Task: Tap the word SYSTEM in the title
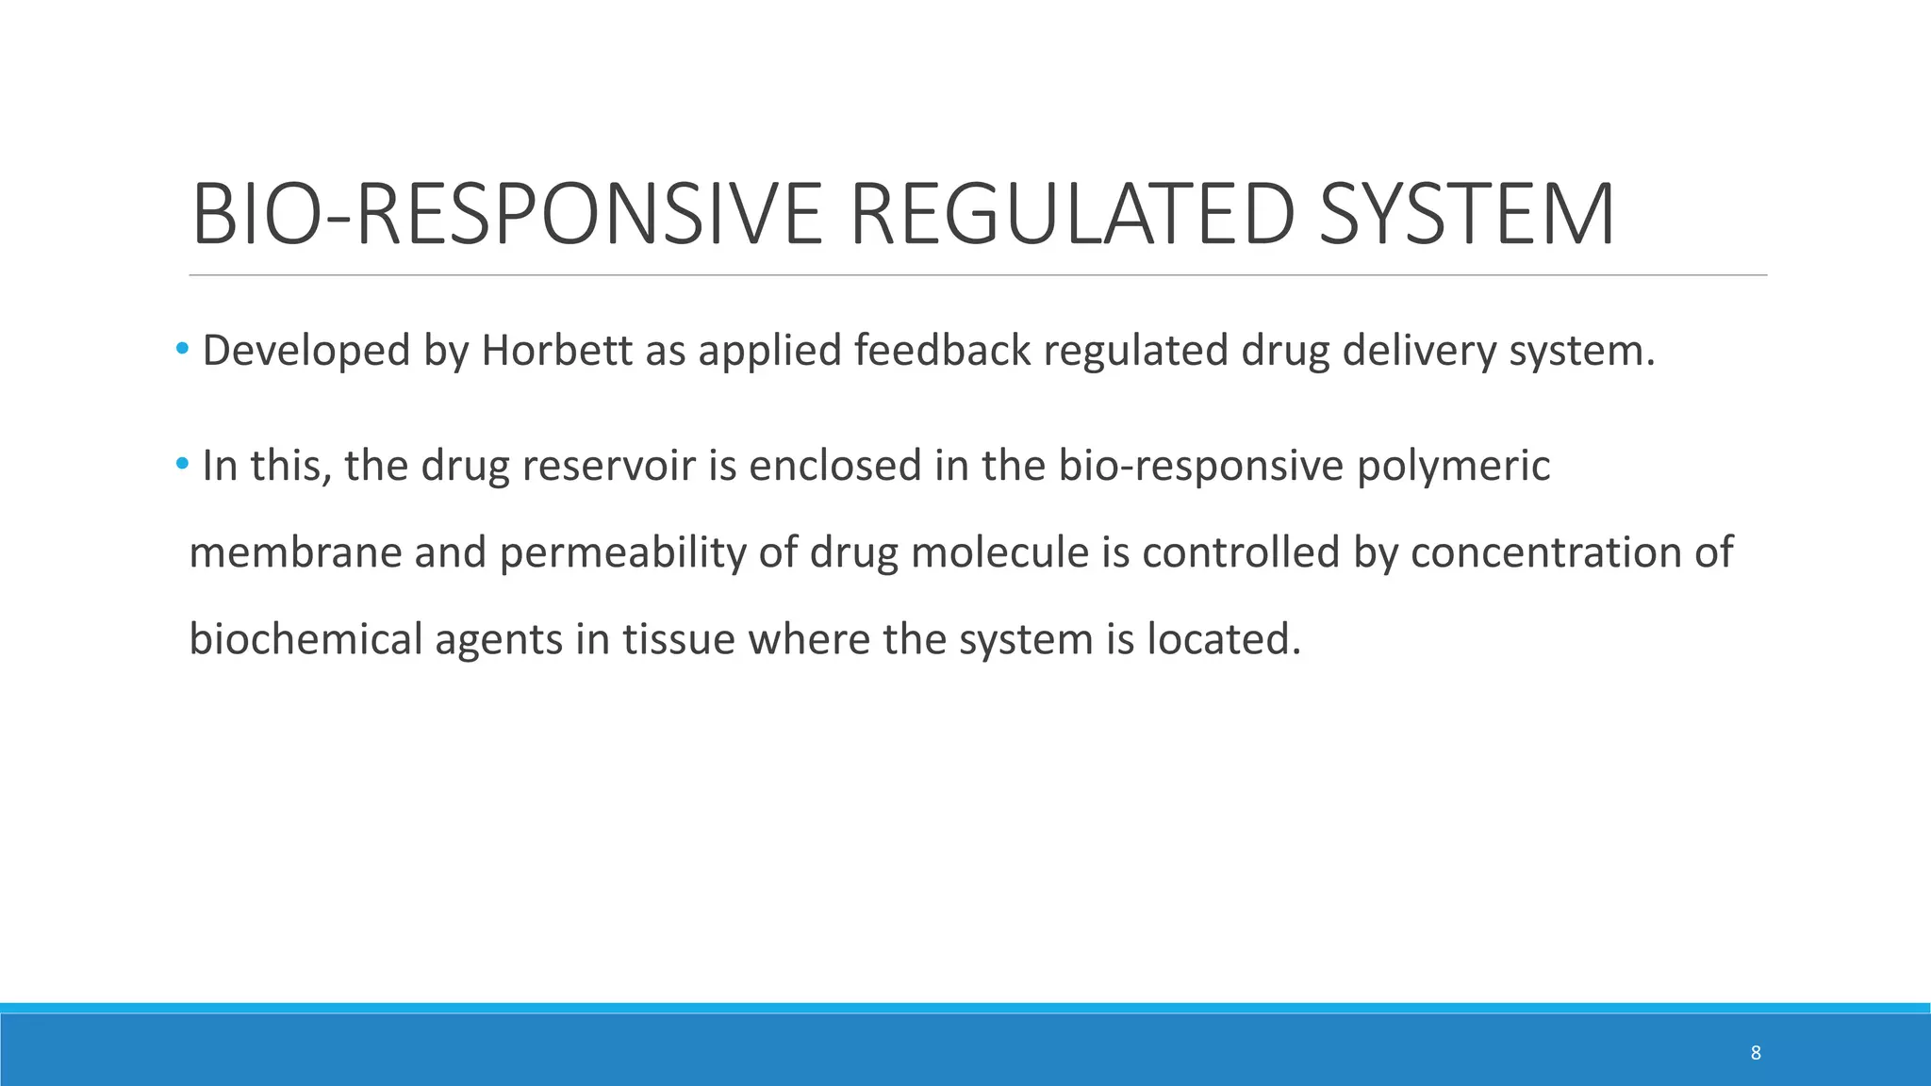pos(1467,215)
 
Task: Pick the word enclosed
pos(834,466)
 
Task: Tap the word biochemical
pos(305,639)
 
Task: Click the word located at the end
pos(1223,639)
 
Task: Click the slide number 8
pos(1756,1053)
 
